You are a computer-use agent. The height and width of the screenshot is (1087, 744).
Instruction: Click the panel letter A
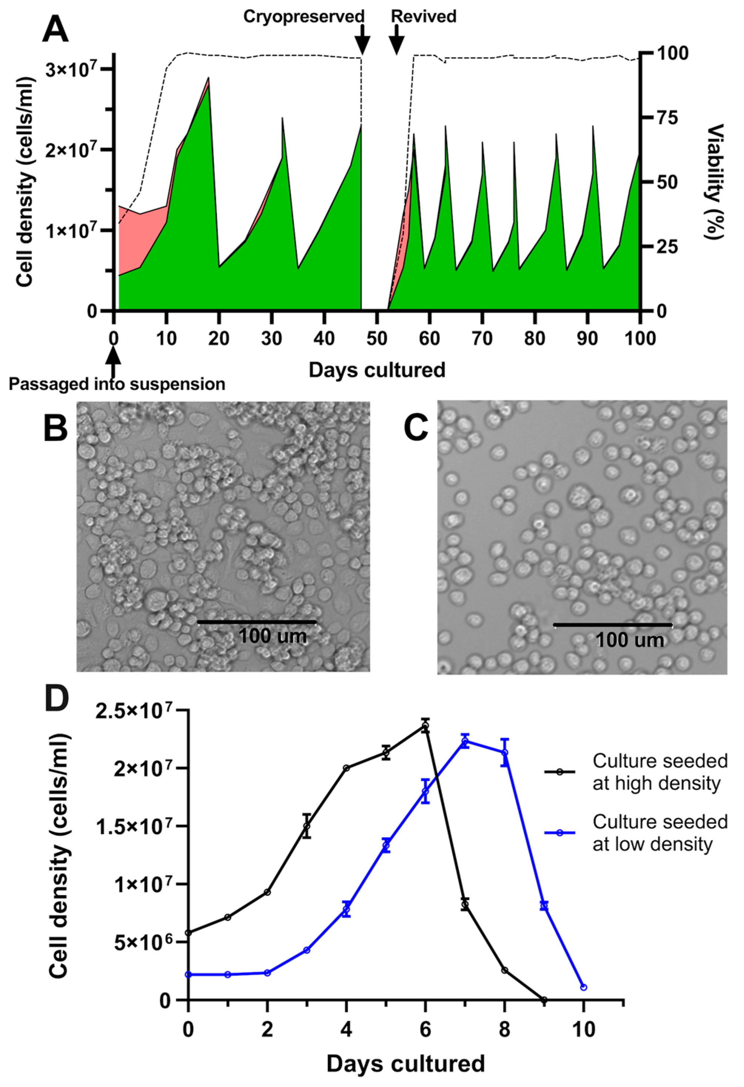(55, 30)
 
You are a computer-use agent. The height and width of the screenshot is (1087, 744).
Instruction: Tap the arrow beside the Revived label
(397, 39)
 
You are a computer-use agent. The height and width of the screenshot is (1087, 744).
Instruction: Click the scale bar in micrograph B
(257, 622)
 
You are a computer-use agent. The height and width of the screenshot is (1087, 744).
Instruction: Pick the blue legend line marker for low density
(560, 832)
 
